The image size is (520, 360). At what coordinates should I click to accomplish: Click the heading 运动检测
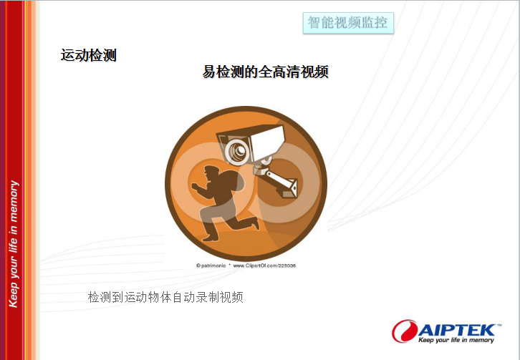click(89, 55)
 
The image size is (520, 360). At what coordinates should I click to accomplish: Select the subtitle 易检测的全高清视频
click(266, 72)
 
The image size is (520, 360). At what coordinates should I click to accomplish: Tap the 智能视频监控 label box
click(348, 23)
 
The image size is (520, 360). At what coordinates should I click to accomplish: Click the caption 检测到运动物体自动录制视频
click(165, 297)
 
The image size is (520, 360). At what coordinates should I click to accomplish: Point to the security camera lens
click(238, 152)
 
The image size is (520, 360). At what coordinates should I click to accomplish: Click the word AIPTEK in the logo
click(457, 331)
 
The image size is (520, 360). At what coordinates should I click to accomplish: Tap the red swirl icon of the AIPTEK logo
click(405, 331)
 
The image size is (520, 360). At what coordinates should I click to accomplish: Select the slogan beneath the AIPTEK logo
click(456, 340)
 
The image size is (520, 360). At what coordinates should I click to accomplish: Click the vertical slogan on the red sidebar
click(14, 244)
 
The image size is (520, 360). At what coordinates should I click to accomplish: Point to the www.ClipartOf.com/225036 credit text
click(264, 266)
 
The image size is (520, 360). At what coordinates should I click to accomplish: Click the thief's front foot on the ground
click(211, 238)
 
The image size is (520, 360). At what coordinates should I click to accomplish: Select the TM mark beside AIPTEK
click(499, 326)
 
